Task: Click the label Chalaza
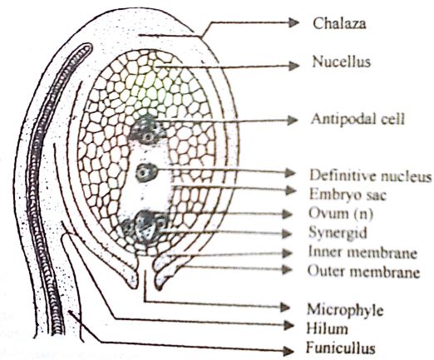[339, 23]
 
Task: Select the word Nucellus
[341, 62]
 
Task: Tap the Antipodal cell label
[358, 119]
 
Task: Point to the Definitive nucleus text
[371, 175]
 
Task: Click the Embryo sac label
[348, 194]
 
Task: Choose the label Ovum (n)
[341, 214]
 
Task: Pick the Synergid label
[338, 233]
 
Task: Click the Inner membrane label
[362, 253]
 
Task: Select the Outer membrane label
[363, 271]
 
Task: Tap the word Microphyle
[345, 310]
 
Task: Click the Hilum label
[327, 329]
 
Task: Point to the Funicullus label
[340, 348]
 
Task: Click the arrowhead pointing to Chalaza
[293, 22]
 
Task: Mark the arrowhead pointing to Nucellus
[293, 66]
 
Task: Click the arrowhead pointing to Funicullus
[289, 352]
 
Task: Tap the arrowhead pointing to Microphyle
[284, 307]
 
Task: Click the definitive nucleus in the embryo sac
[146, 173]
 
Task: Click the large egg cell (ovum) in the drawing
[145, 226]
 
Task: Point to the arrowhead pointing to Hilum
[289, 325]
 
